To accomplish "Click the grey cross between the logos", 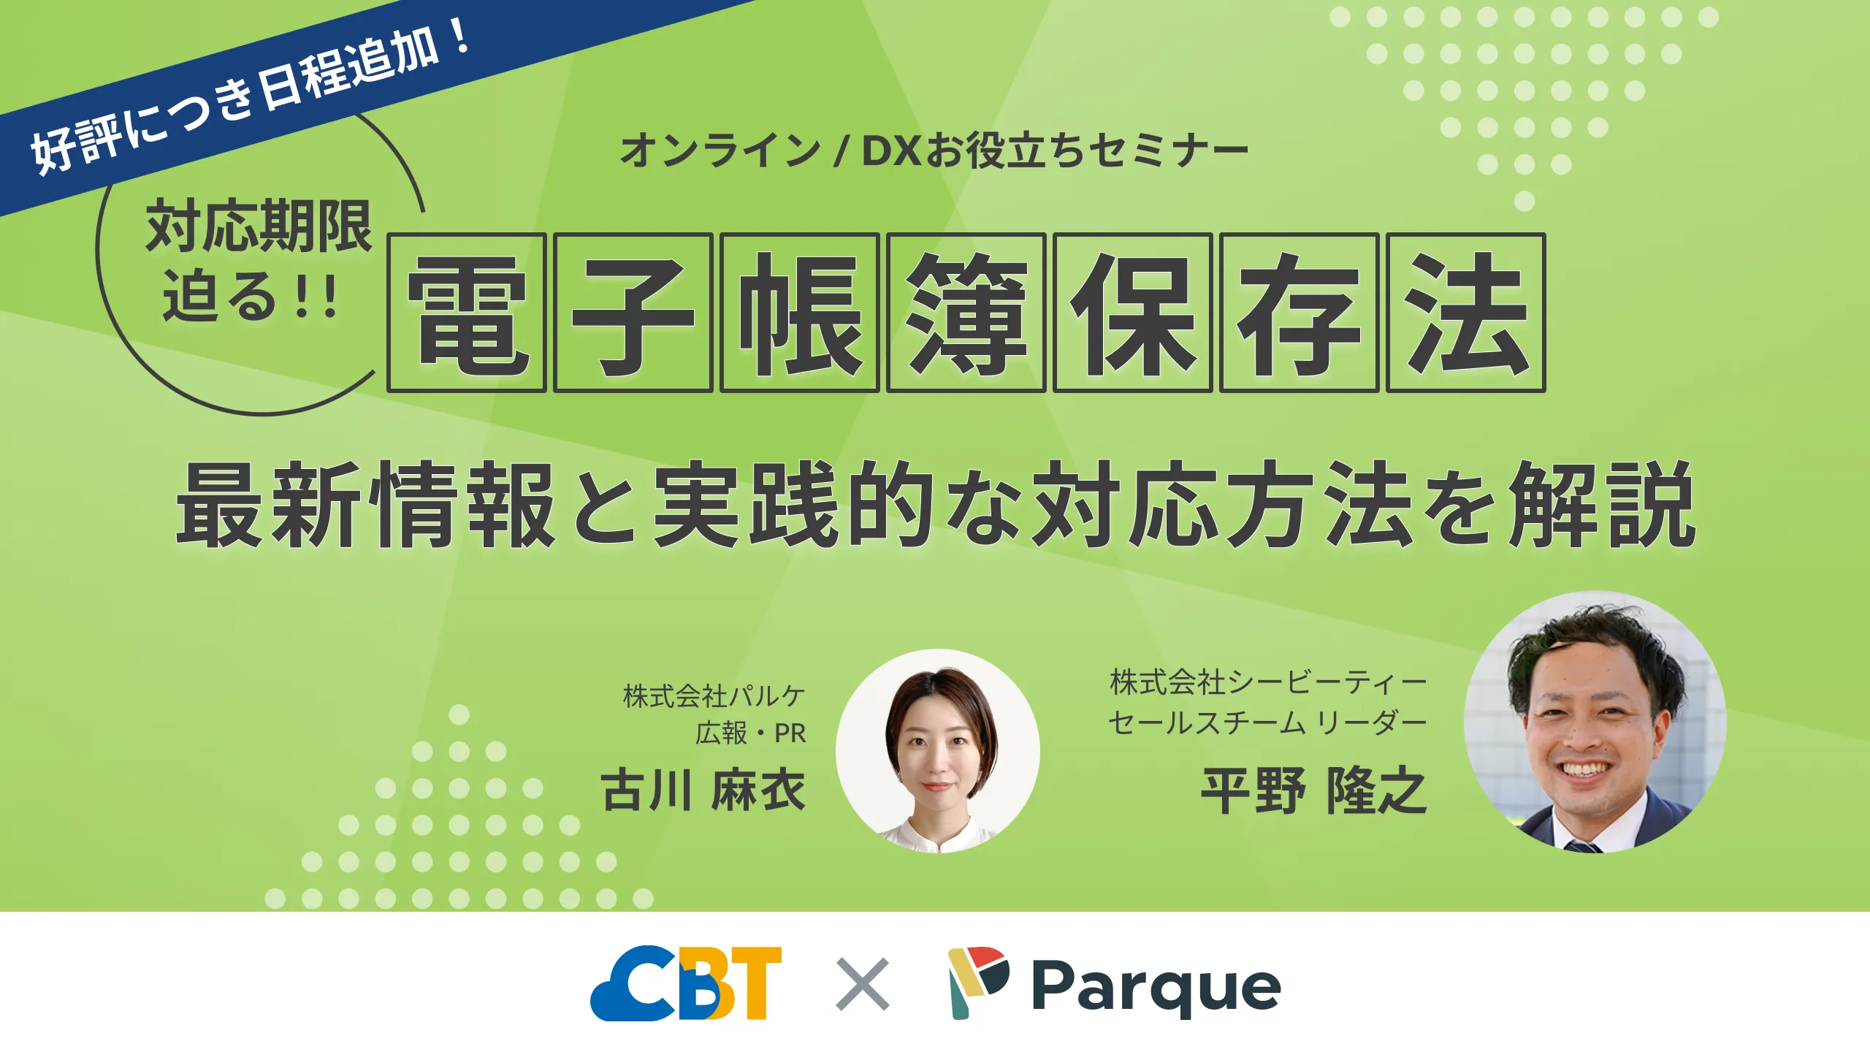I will click(x=862, y=984).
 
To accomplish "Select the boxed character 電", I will click(x=467, y=313).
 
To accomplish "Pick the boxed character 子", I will click(x=633, y=313).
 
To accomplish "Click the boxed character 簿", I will click(x=966, y=313).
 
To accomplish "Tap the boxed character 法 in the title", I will click(x=1465, y=313).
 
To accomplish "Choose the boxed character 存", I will click(x=1299, y=313).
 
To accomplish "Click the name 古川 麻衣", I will click(x=703, y=790).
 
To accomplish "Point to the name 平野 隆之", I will click(x=1313, y=790).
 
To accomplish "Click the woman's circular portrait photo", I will click(x=937, y=751).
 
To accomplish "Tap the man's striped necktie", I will click(x=1582, y=847).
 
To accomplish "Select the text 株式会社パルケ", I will click(x=714, y=696).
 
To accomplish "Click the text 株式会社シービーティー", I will click(x=1268, y=682).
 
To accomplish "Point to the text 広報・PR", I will click(x=750, y=733).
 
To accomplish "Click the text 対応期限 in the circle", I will click(x=259, y=227).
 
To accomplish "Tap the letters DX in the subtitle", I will click(x=891, y=150).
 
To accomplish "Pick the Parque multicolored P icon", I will click(x=977, y=982).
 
